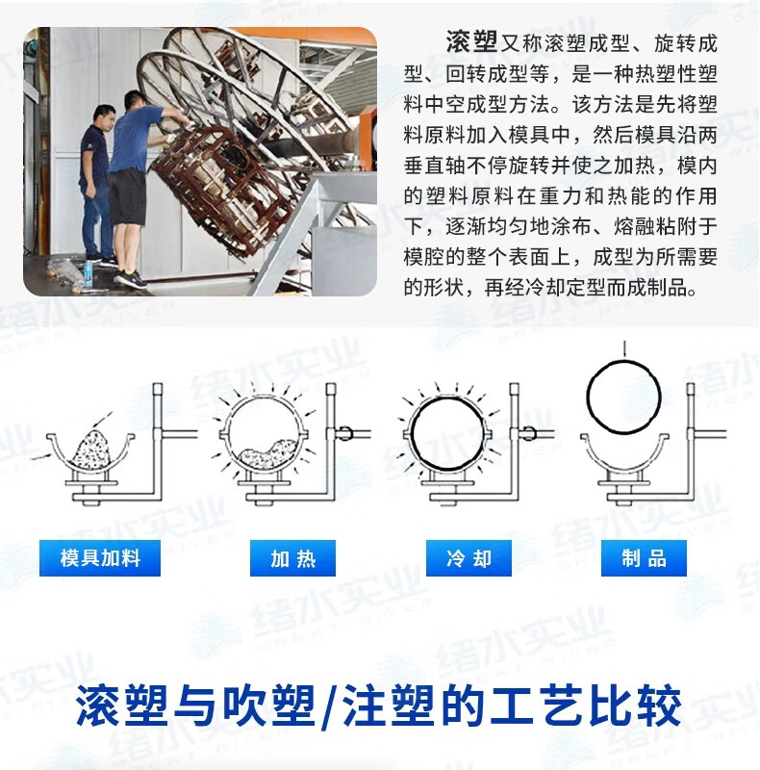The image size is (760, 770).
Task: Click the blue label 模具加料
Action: click(100, 558)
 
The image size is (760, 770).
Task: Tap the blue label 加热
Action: click(292, 558)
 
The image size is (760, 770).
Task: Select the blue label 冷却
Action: click(469, 558)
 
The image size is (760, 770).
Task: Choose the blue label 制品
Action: click(644, 558)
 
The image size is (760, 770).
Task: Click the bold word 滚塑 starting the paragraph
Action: click(471, 42)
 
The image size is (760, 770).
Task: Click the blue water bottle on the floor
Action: click(89, 274)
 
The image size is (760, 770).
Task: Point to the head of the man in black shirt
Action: click(103, 116)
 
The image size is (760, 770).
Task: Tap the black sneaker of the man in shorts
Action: click(131, 279)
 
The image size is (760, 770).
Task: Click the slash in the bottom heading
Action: click(328, 706)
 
